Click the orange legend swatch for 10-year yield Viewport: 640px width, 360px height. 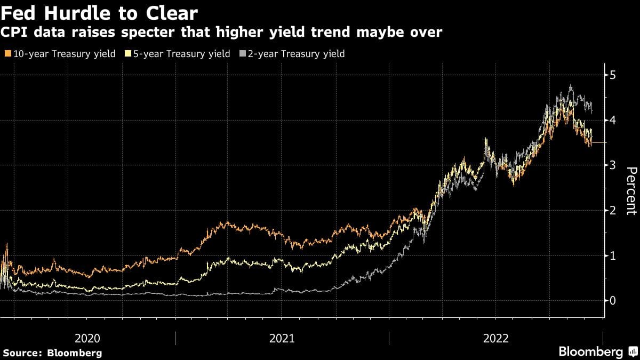pyautogui.click(x=7, y=54)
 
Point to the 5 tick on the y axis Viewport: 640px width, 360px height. pyautogui.click(x=613, y=75)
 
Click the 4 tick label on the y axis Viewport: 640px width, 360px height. pyautogui.click(x=613, y=120)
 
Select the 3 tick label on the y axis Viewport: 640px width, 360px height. pyautogui.click(x=613, y=165)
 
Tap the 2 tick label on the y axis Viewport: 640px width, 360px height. pyautogui.click(x=613, y=210)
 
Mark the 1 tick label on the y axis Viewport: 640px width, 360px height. pyautogui.click(x=613, y=255)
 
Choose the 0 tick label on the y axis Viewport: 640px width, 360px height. pyautogui.click(x=613, y=301)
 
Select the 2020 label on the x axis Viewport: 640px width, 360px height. pyautogui.click(x=87, y=338)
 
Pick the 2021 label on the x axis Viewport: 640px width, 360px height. pyautogui.click(x=282, y=338)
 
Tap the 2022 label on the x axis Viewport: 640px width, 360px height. pyautogui.click(x=495, y=338)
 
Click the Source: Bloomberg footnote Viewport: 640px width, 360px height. pyautogui.click(x=52, y=353)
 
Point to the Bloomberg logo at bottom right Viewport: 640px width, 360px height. pyautogui.click(x=597, y=351)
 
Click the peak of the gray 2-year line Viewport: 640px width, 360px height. pyautogui.click(x=571, y=85)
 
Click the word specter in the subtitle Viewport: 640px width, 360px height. pyautogui.click(x=134, y=33)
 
